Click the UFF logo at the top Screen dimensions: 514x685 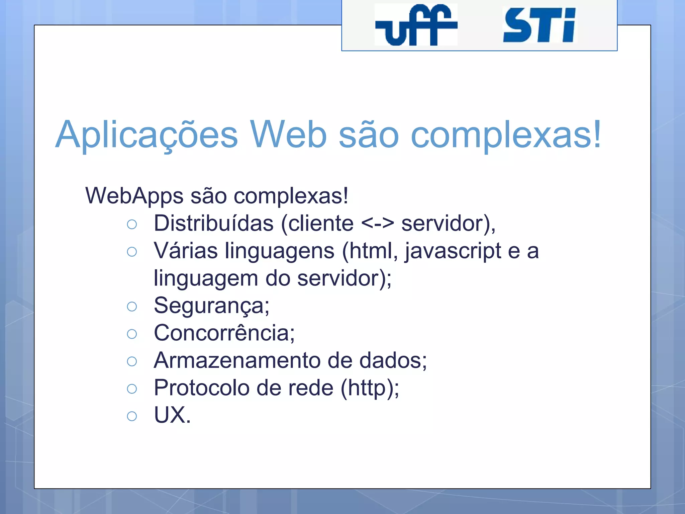click(416, 25)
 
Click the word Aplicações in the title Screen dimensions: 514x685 click(146, 135)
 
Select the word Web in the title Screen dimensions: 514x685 click(288, 134)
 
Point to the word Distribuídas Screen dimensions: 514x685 click(213, 223)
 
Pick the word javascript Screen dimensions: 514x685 click(453, 251)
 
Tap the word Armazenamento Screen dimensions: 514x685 click(237, 360)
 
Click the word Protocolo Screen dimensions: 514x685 click(202, 388)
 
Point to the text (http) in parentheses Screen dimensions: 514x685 click(368, 388)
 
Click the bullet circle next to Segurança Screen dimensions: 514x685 click(132, 306)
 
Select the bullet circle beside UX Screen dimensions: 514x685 click(132, 416)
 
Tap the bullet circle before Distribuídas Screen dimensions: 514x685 click(132, 224)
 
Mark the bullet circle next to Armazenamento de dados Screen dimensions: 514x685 click(132, 361)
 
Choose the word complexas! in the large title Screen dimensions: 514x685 click(506, 135)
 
